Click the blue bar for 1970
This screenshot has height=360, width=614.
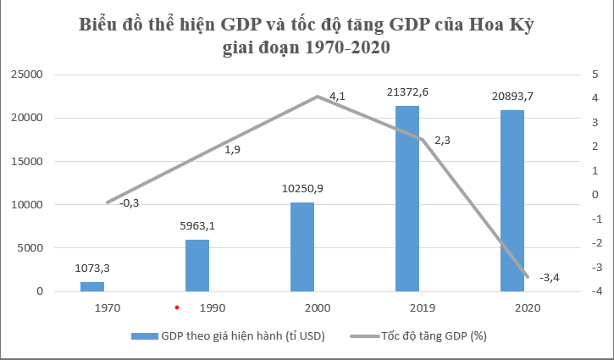[92, 286]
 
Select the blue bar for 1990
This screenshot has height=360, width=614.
[197, 265]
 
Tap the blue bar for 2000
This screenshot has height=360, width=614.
[302, 246]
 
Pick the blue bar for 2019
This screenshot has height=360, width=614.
[407, 198]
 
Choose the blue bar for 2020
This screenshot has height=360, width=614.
[512, 201]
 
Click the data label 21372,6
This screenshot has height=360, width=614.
[407, 91]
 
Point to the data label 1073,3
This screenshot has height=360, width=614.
[92, 269]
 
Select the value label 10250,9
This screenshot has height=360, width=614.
[302, 188]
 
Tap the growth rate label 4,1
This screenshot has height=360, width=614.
[337, 97]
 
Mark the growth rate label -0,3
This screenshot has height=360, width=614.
[130, 203]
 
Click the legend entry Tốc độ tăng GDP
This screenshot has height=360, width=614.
[433, 336]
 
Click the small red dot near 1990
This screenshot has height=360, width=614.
[177, 307]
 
